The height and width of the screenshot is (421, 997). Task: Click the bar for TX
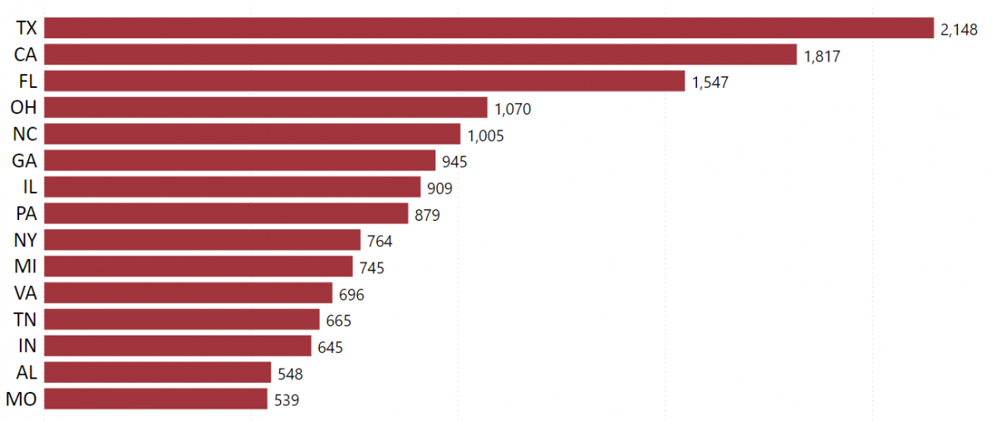489,28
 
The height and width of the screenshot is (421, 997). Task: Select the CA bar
420,55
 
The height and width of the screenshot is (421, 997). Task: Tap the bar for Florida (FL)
364,81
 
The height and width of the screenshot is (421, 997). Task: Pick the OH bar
265,108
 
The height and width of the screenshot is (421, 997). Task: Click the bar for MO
155,399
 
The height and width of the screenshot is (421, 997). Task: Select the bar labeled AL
157,373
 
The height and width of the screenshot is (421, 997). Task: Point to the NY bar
202,241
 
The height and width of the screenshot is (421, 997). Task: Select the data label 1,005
485,135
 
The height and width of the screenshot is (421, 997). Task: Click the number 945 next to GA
454,162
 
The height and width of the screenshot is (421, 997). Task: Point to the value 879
427,215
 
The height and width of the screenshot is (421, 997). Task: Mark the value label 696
351,295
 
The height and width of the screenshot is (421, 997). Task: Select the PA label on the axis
27,213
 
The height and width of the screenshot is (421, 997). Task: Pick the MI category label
26,267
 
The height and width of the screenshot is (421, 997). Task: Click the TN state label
26,320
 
